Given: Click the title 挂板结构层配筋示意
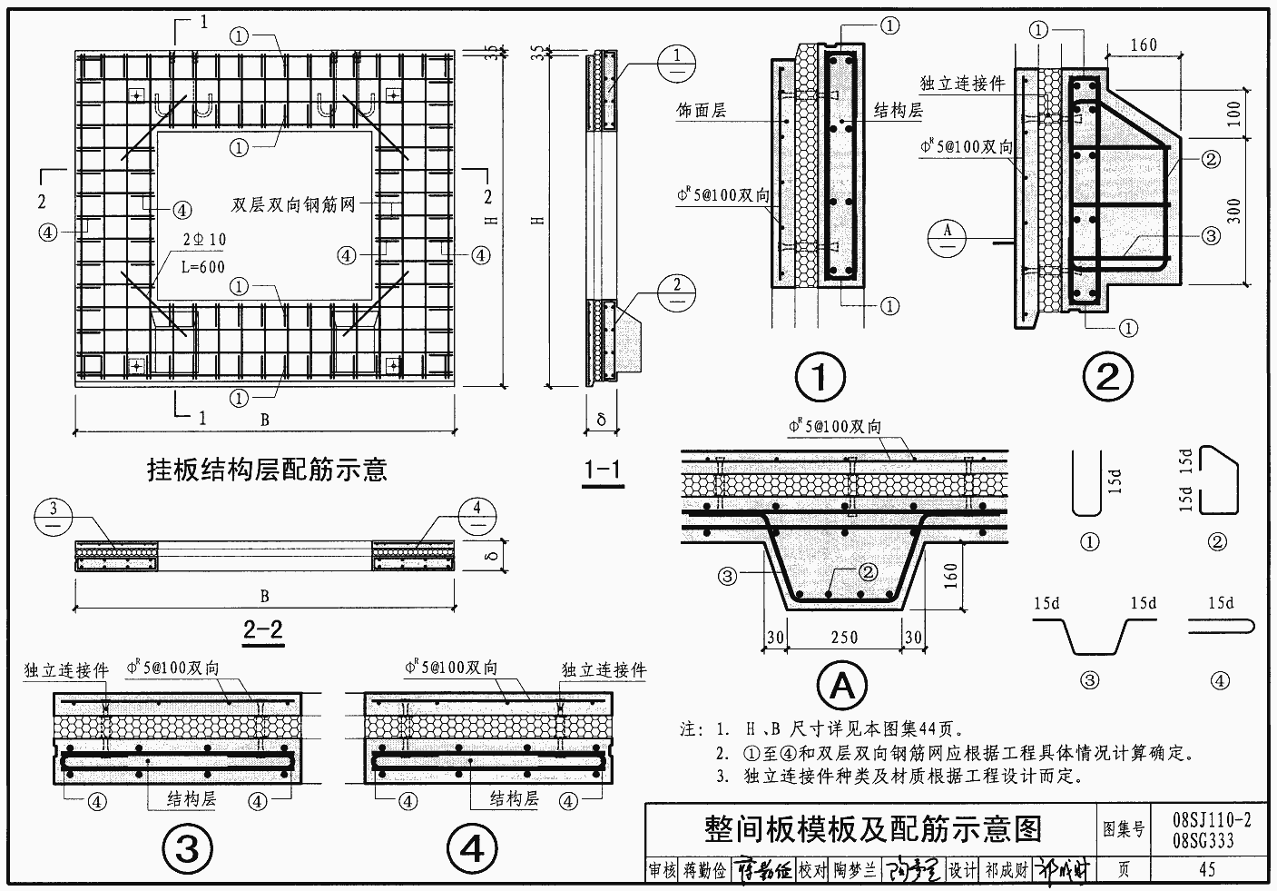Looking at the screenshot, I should click(268, 469).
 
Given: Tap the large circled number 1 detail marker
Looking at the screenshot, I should click(819, 377).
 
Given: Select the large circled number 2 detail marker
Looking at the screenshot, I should click(1107, 377).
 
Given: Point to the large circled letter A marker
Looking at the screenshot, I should click(842, 688).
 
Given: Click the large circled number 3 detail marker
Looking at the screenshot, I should click(187, 849).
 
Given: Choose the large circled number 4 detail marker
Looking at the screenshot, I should click(472, 849).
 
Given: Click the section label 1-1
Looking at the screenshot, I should click(603, 470).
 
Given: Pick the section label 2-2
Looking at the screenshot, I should click(263, 629).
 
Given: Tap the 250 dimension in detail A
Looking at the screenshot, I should click(843, 638).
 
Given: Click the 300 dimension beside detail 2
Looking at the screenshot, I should click(1233, 212).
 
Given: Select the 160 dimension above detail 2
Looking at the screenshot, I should click(1144, 45).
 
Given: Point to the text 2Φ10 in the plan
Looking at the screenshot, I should click(205, 240).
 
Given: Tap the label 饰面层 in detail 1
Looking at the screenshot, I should click(702, 111).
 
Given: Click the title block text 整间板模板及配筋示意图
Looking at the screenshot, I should click(872, 827).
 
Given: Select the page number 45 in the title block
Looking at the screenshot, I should click(1206, 869).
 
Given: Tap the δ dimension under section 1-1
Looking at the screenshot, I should click(601, 421).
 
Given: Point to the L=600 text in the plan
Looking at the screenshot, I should click(202, 267).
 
